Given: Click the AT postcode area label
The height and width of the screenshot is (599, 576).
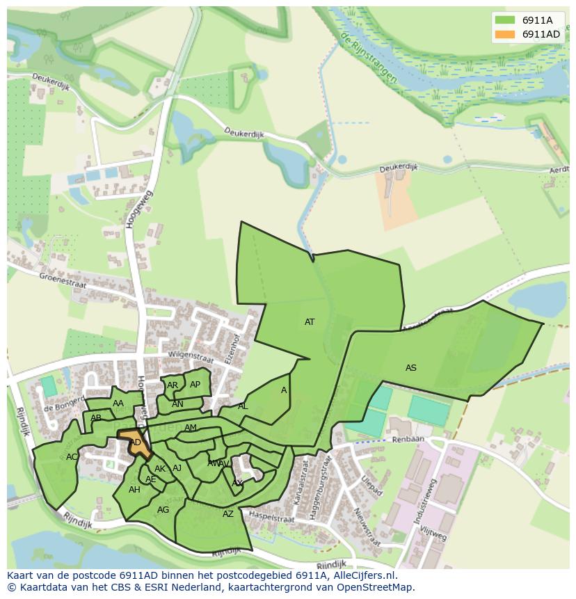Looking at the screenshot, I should (x=310, y=322).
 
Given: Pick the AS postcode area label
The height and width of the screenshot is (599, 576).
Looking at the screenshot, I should (x=410, y=367).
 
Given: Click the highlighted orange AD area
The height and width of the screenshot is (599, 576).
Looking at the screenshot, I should (x=136, y=443).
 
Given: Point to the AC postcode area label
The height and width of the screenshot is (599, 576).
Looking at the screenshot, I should (x=72, y=457).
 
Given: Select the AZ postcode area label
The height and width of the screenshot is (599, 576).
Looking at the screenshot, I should (x=228, y=514).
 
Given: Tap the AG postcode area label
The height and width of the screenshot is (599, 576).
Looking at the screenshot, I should (x=163, y=510).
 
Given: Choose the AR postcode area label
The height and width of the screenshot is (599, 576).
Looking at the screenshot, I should (x=173, y=385).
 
